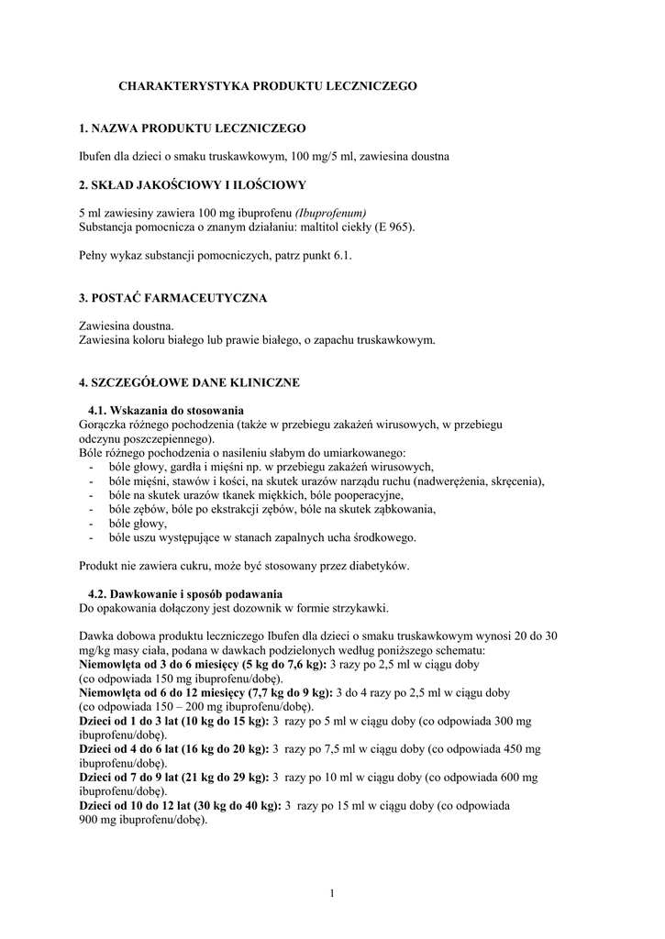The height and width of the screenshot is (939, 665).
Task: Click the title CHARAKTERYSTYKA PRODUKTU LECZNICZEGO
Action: [x=268, y=85]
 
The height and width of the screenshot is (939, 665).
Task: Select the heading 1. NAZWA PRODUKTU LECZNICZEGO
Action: [x=193, y=128]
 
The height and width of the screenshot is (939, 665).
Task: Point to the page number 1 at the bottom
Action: [x=332, y=893]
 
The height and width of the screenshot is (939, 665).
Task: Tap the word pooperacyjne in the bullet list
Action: [x=365, y=495]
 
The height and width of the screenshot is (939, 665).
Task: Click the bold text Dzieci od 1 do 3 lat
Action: [x=134, y=721]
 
